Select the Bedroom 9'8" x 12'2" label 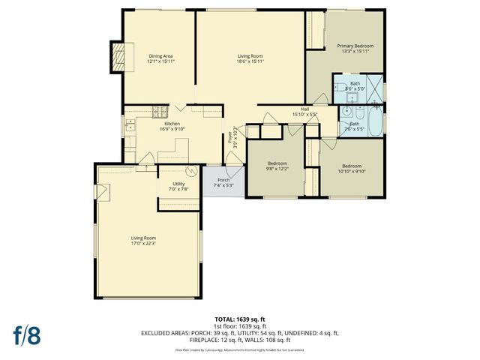click(x=277, y=165)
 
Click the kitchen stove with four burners click(x=159, y=112)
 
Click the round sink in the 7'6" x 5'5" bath click(x=346, y=113)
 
